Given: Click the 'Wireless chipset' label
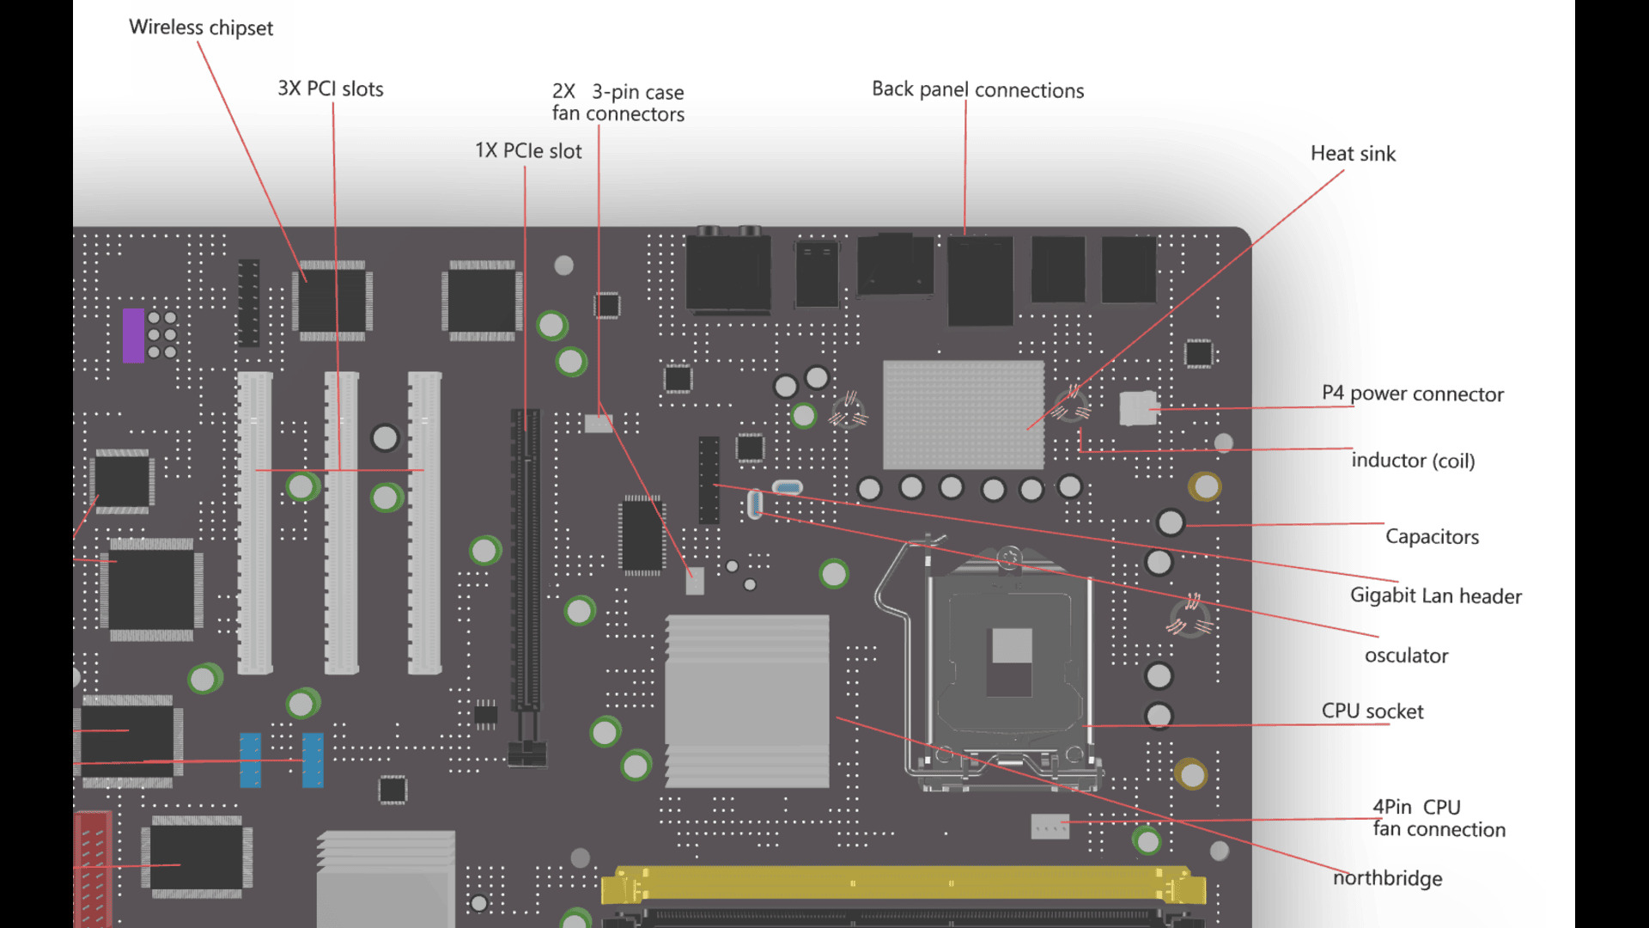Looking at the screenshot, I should (201, 27).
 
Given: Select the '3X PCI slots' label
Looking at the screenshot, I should (331, 89).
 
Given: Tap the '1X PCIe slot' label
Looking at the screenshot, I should (528, 151).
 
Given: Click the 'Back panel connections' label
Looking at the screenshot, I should (977, 90).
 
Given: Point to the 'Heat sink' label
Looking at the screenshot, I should (1353, 154).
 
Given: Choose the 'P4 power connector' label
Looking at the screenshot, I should (1413, 394).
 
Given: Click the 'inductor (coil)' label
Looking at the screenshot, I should (1413, 461).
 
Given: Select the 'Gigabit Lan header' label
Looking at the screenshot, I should (1435, 596).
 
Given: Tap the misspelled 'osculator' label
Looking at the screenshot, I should (1406, 656).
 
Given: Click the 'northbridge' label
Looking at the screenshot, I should (1387, 878).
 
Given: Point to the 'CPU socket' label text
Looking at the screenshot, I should (1372, 711).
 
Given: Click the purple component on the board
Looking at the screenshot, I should (133, 335).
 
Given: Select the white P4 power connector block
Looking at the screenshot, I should (1138, 408).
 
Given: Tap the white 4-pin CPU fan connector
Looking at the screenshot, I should (1050, 827).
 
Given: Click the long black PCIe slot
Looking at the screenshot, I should (526, 559).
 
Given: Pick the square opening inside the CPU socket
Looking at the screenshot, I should (1011, 662).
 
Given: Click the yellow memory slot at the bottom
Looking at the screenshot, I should (902, 883).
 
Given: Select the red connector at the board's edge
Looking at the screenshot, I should (92, 868).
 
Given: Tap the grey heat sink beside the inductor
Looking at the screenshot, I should (964, 414).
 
